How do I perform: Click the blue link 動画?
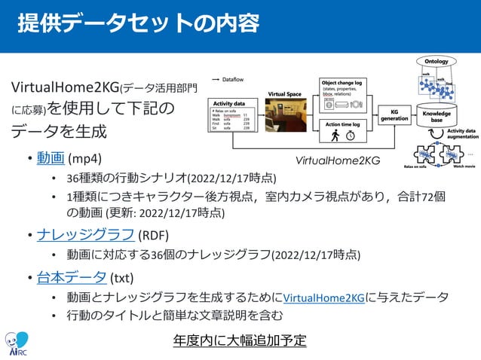coord(51,159)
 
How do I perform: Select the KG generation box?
coord(394,114)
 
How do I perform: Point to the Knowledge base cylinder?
coord(437,114)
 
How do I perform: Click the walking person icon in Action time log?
coord(335,135)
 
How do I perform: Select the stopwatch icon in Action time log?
coord(351,136)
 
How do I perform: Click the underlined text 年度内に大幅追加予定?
coord(240,340)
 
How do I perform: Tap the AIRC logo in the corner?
coord(17,343)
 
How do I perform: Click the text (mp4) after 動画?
coord(84,159)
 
